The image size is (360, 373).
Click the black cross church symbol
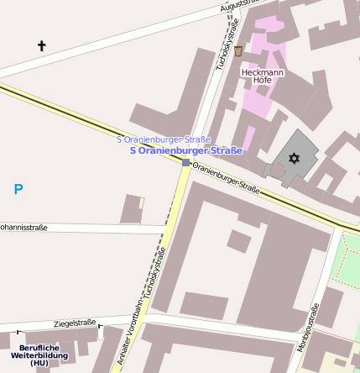pos(42,45)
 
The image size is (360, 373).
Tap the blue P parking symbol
pos(18,190)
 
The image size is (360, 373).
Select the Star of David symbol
pos(294,158)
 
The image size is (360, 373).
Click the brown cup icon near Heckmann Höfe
pos(239,52)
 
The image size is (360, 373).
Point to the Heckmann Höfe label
pos(263,77)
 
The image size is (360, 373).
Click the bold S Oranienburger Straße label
pos(186,150)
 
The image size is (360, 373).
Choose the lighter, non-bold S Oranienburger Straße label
pos(164,139)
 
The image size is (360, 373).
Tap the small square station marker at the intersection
pos(185,162)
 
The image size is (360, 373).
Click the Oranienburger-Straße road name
pos(226,180)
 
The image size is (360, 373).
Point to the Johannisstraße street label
pos(23,228)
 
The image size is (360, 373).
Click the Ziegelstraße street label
pos(75,323)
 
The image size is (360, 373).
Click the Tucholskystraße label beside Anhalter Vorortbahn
pos(150,278)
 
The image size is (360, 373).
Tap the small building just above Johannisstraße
pos(131,209)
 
